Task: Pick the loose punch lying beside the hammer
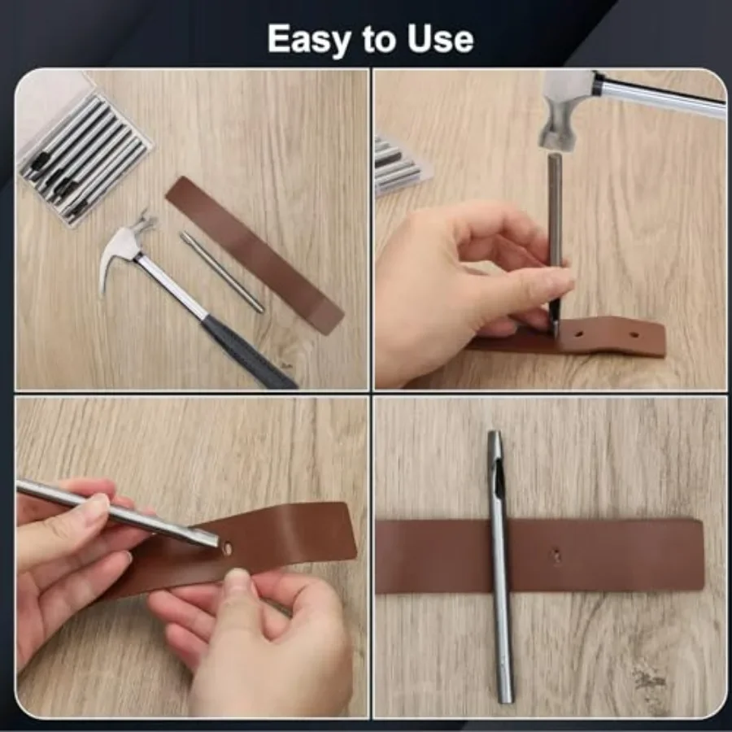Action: tap(221, 271)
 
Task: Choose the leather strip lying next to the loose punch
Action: tap(254, 254)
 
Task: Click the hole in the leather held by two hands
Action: tap(227, 549)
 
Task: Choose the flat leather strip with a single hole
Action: tap(618, 556)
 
